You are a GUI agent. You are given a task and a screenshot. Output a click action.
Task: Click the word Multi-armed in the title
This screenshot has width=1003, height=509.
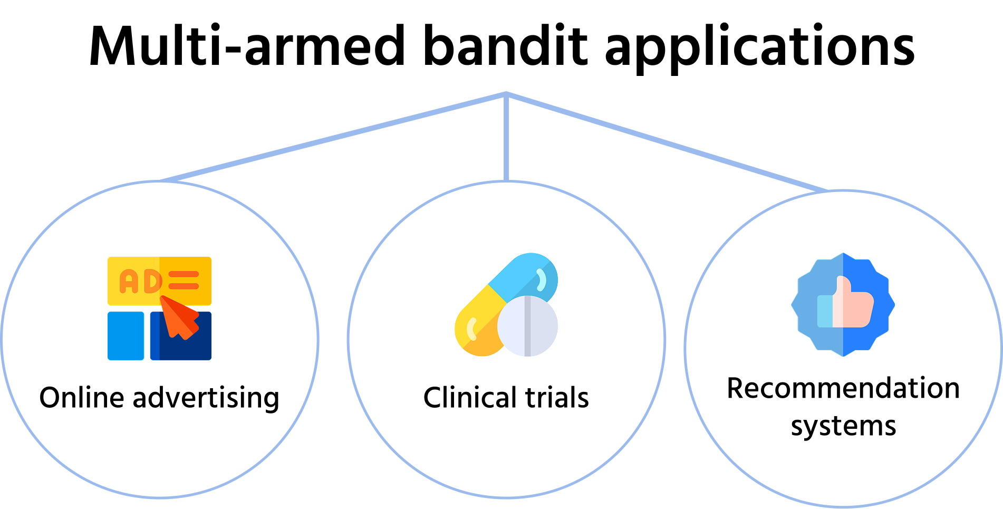pyautogui.click(x=247, y=46)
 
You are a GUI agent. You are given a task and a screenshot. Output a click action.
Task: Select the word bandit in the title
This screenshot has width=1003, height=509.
pyautogui.click(x=505, y=46)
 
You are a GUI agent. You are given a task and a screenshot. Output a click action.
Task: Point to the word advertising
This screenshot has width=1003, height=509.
pyautogui.click(x=206, y=399)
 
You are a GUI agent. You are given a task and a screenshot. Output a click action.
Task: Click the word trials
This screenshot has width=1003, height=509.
pyautogui.click(x=557, y=398)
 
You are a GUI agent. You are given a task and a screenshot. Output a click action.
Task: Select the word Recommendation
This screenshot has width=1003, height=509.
pyautogui.click(x=843, y=388)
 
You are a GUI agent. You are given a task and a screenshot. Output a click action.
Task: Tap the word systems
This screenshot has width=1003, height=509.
pyautogui.click(x=843, y=426)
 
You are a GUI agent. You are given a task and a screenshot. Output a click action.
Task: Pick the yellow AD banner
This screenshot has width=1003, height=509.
pyautogui.click(x=159, y=281)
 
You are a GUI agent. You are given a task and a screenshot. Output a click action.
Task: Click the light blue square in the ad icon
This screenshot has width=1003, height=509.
pyautogui.click(x=126, y=336)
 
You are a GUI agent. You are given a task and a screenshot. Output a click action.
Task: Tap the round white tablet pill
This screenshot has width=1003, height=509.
pyautogui.click(x=527, y=326)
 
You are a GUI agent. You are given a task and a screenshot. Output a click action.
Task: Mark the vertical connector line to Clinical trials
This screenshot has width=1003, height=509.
pyautogui.click(x=506, y=137)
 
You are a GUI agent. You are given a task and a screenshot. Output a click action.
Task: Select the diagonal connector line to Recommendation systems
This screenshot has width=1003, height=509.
pyautogui.click(x=667, y=142)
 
